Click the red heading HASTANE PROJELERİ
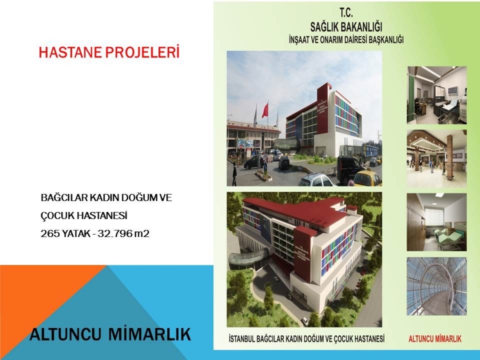click(x=109, y=52)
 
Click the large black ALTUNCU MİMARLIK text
click(x=110, y=334)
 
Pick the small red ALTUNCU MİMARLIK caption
click(x=435, y=339)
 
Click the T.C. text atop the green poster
click(x=346, y=13)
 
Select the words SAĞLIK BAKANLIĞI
click(x=346, y=27)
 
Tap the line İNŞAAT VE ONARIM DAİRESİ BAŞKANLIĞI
click(x=346, y=39)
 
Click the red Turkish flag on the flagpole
click(x=265, y=111)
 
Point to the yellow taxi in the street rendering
click(x=367, y=179)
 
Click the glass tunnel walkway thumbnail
click(x=436, y=286)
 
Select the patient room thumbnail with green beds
click(x=436, y=222)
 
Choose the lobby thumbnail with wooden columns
click(x=436, y=158)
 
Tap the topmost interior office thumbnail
click(x=436, y=95)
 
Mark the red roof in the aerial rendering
click(x=294, y=211)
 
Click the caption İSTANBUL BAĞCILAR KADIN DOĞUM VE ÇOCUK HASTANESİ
click(x=307, y=339)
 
